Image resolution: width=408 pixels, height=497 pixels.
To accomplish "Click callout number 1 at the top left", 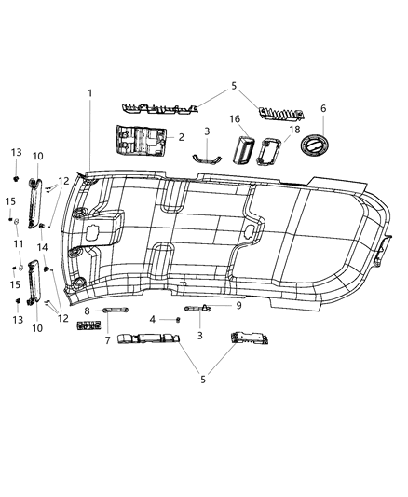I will pyautogui.click(x=90, y=93).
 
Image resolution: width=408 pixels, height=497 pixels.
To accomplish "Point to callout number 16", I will pyautogui.click(x=237, y=119).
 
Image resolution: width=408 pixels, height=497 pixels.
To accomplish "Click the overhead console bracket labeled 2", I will pyautogui.click(x=141, y=144).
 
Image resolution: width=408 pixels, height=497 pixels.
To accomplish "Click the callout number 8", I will pyautogui.click(x=87, y=311).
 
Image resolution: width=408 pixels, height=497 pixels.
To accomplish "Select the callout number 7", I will pyautogui.click(x=107, y=341).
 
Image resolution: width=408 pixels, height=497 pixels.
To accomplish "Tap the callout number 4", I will pyautogui.click(x=152, y=319).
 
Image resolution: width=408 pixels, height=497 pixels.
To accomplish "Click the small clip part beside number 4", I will pyautogui.click(x=176, y=319).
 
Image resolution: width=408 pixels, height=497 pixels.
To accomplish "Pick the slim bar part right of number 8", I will pyautogui.click(x=115, y=310).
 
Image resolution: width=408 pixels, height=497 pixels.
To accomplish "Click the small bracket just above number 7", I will pyautogui.click(x=90, y=325).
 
